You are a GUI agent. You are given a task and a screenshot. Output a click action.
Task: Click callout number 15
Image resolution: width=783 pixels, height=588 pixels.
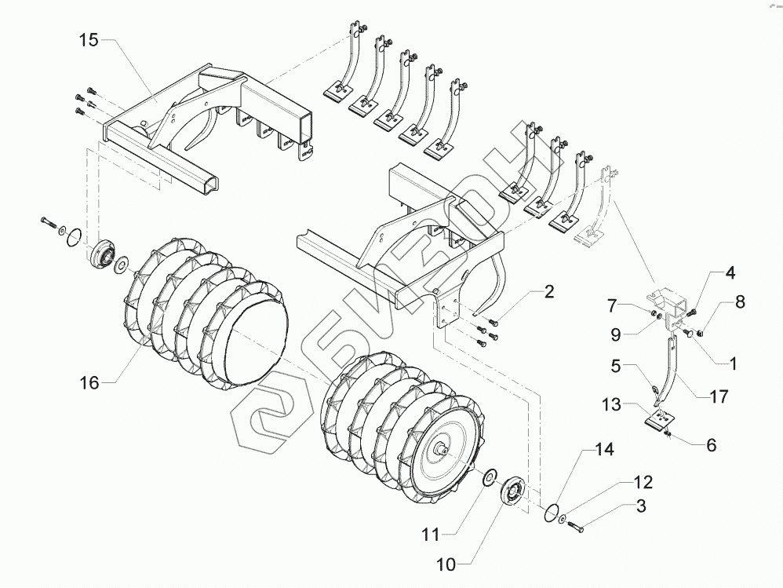(88, 40)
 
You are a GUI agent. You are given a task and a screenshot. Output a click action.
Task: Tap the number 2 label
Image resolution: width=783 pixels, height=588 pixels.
(548, 293)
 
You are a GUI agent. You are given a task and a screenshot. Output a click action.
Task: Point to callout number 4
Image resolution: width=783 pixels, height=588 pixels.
(729, 274)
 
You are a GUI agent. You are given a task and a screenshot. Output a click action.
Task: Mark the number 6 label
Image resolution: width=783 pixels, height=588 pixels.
(711, 444)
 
